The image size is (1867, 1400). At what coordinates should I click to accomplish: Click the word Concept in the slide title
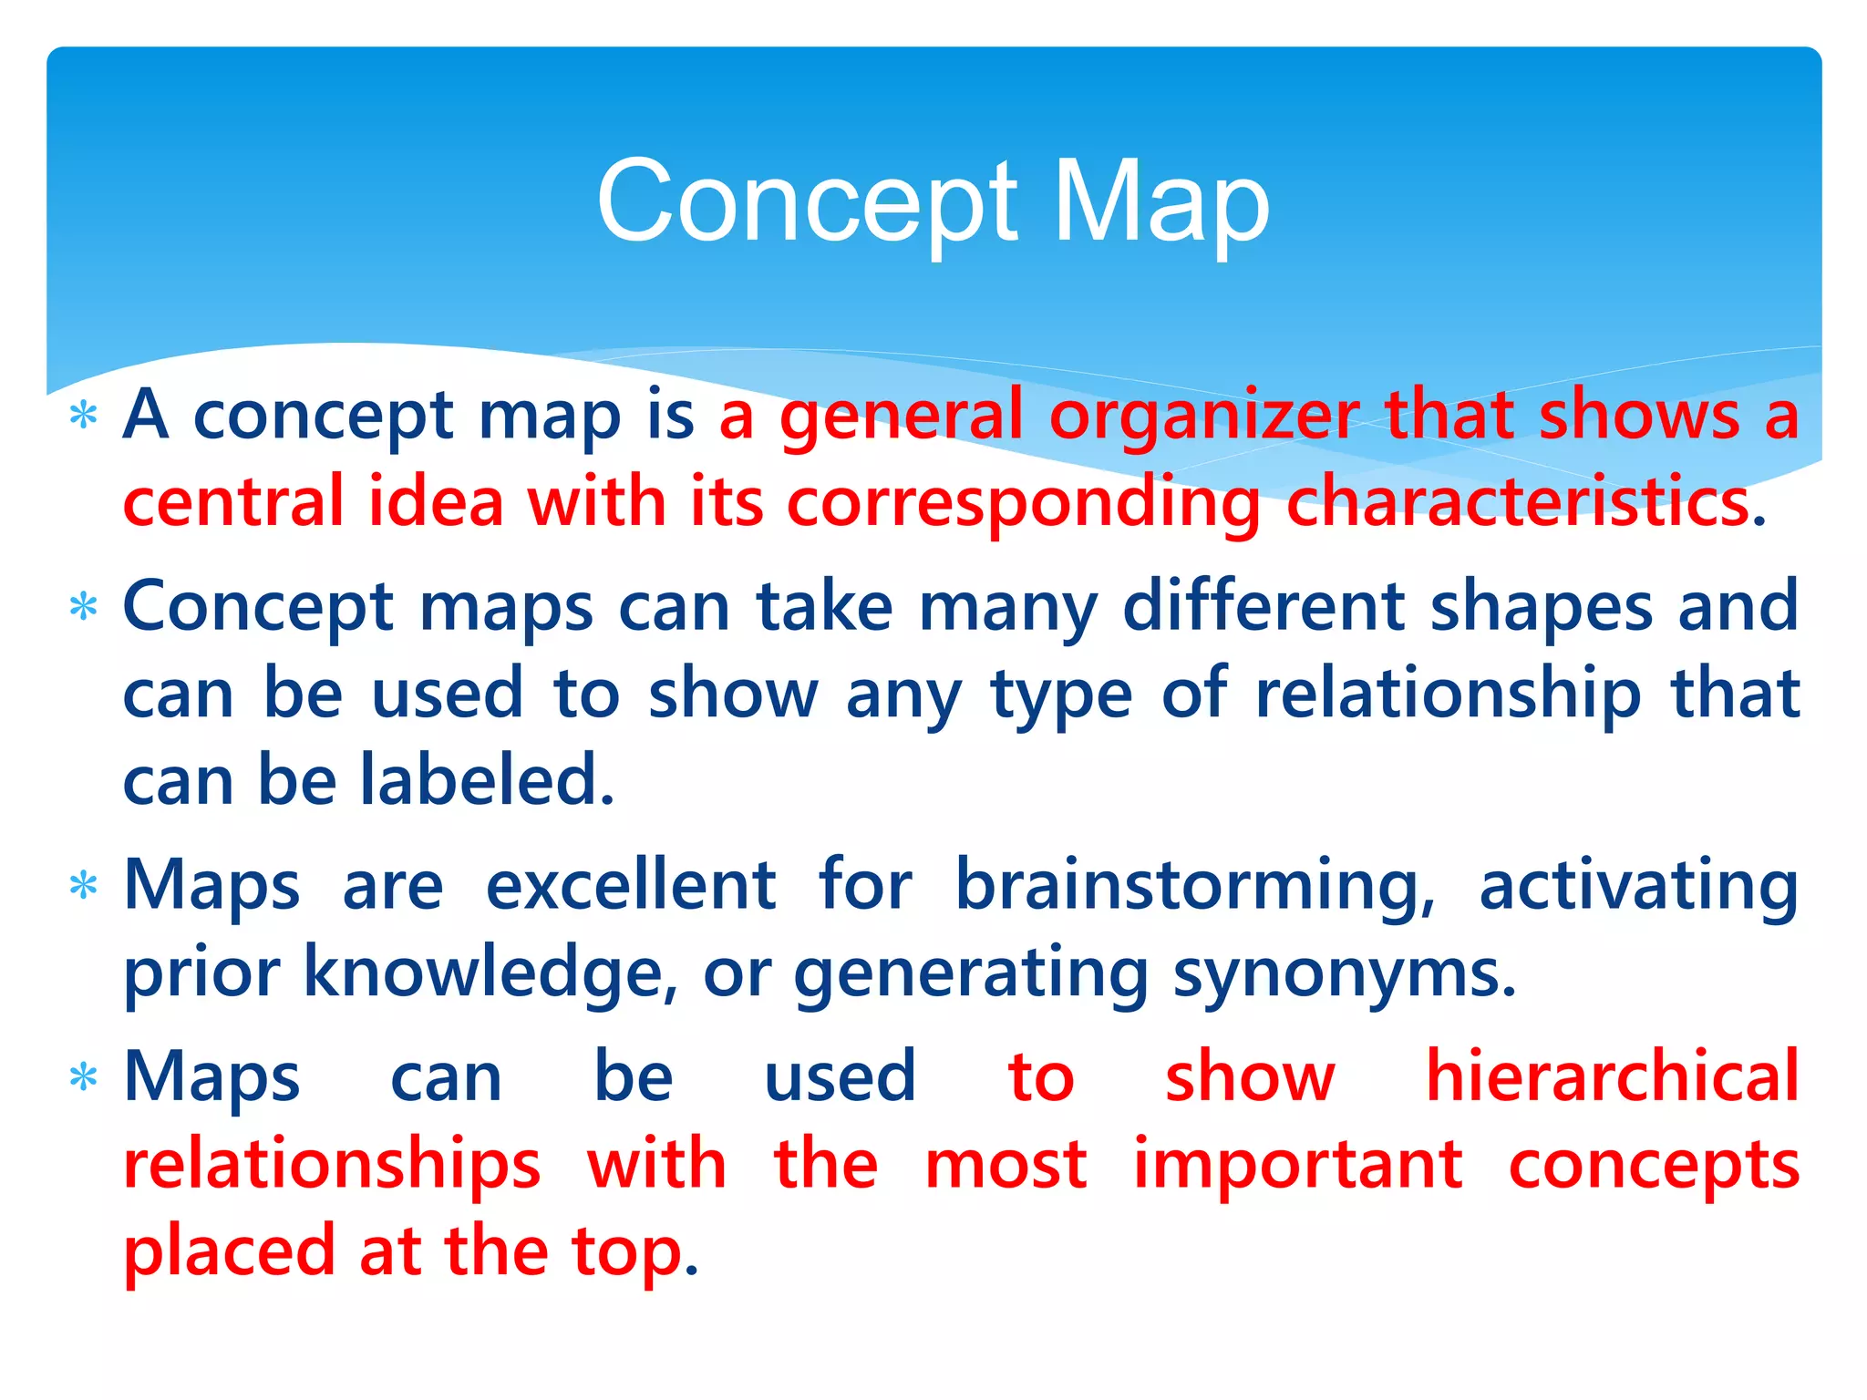point(807,202)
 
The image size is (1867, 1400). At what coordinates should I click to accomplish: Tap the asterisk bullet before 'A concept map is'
point(83,417)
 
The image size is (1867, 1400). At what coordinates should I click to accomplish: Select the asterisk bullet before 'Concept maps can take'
point(83,607)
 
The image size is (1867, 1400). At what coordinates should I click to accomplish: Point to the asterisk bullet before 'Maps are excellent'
point(83,886)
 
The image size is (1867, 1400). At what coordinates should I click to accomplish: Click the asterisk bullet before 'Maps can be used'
point(83,1078)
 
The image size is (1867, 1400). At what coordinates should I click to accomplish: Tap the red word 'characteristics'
point(1517,502)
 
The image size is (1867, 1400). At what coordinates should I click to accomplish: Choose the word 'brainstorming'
point(1194,886)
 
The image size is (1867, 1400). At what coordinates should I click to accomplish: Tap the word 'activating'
point(1638,886)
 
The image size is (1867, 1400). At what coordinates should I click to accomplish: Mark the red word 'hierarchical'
point(1612,1076)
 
